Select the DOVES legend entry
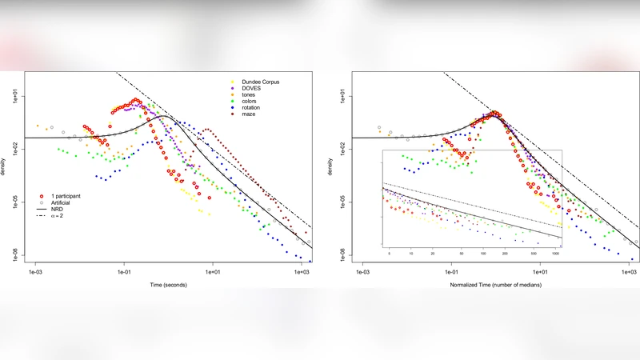(247, 89)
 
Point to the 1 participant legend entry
(65, 196)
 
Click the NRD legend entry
(56, 210)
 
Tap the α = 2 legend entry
(58, 216)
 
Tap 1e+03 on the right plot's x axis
(630, 272)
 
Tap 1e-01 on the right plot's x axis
(452, 272)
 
